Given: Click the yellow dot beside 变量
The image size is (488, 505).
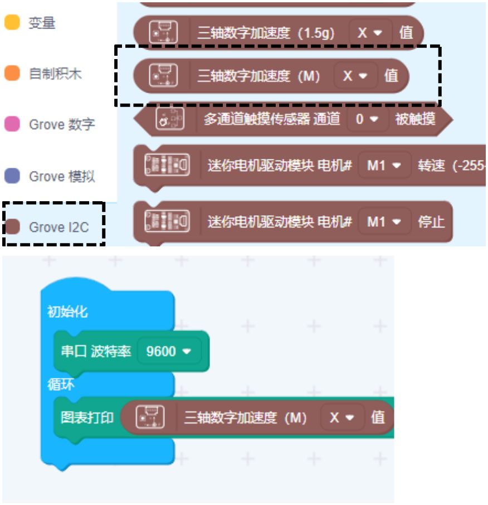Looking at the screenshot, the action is point(12,23).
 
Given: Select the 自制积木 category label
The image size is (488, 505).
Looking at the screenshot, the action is point(55,74).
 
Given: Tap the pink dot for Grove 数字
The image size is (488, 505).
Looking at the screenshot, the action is point(12,124).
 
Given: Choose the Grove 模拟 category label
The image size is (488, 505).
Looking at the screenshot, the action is point(62,177).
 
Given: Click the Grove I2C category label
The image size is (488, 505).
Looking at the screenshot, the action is point(58,227).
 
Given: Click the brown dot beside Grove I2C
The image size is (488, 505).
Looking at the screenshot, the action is point(12,227).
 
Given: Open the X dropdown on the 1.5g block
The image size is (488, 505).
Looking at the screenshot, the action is point(370,33).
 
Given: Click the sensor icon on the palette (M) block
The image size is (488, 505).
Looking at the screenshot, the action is point(163,76).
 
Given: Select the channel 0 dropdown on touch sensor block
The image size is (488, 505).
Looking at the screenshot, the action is point(367,119).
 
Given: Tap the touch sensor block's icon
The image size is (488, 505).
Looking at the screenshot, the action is point(170,119).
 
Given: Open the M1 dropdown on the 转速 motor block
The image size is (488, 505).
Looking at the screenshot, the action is point(384,166).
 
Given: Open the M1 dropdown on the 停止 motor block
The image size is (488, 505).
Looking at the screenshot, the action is point(384,221).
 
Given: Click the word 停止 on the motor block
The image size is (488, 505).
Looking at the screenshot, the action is point(431,221).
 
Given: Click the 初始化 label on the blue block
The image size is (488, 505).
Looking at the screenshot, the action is point(67,312).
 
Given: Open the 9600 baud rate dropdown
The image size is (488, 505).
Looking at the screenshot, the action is point(168,351).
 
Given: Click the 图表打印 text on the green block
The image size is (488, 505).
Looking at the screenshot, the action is point(87,417).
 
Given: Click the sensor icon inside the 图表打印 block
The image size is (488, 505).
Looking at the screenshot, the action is point(150,417).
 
